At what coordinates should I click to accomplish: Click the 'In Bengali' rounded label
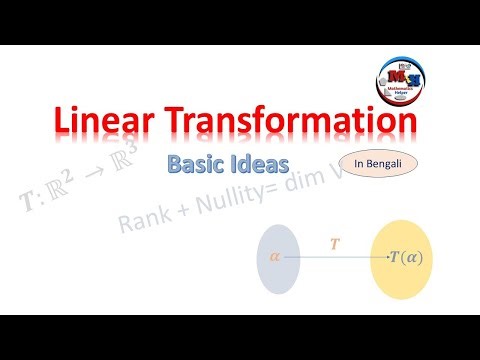point(379,161)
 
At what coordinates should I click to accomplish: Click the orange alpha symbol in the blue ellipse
point(276,257)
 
